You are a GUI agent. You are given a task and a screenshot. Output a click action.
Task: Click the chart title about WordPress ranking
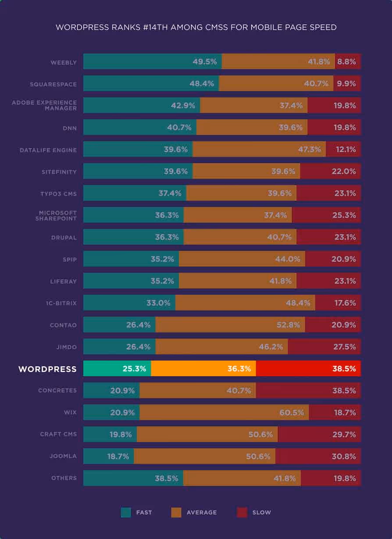point(196,28)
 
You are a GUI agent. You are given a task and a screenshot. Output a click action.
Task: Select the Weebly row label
point(64,62)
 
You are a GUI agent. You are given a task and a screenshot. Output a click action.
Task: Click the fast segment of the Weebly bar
point(152,61)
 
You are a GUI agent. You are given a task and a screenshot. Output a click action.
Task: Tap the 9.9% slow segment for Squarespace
point(347,83)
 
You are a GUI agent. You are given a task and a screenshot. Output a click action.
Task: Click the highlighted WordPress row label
point(47,369)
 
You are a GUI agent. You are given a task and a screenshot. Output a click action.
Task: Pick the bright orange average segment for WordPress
point(203,368)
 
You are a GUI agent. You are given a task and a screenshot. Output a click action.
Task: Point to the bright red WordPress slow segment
point(308,368)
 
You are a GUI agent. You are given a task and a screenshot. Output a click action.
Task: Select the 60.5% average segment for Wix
point(224,412)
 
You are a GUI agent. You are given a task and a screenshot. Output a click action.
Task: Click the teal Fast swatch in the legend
point(126,512)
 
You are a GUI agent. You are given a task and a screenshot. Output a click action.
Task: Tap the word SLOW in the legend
point(261,512)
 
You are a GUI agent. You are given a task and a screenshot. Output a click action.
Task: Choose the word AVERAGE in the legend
point(202,512)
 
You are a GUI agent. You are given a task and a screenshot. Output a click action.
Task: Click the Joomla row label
point(63,456)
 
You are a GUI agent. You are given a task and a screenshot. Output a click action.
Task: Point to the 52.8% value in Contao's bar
point(288,325)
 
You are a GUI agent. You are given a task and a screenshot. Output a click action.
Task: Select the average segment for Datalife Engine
point(259,149)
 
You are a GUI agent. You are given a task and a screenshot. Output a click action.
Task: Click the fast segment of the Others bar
point(133,478)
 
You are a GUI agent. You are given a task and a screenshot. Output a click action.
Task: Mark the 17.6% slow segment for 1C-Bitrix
point(338,303)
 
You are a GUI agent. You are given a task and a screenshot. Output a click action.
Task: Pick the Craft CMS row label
point(58,434)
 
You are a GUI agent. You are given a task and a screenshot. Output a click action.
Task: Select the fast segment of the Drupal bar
point(133,237)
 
